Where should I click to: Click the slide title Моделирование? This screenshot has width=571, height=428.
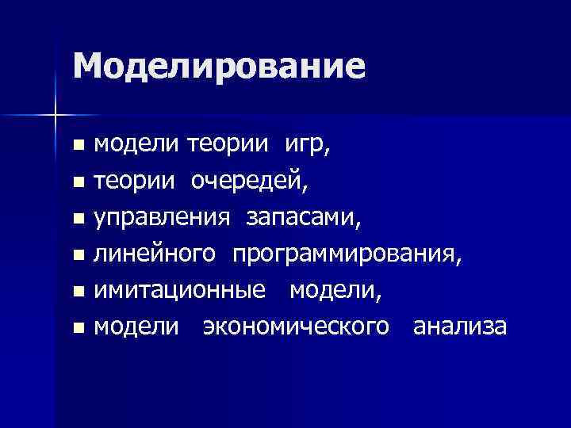[x=219, y=66]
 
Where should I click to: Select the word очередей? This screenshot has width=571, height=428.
[x=249, y=182]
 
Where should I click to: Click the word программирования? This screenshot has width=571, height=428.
[x=345, y=254]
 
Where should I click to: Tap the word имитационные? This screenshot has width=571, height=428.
[x=180, y=291]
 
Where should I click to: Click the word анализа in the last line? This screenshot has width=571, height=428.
[x=459, y=327]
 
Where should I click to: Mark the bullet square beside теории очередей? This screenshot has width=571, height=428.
[x=77, y=184]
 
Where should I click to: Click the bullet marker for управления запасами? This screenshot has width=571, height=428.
[x=77, y=220]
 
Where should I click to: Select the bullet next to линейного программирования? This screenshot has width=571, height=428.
[x=77, y=256]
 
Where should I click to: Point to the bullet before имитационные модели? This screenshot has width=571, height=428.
[x=77, y=292]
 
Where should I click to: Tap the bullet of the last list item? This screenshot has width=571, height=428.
[x=77, y=328]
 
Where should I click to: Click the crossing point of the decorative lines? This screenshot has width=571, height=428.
[x=55, y=116]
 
